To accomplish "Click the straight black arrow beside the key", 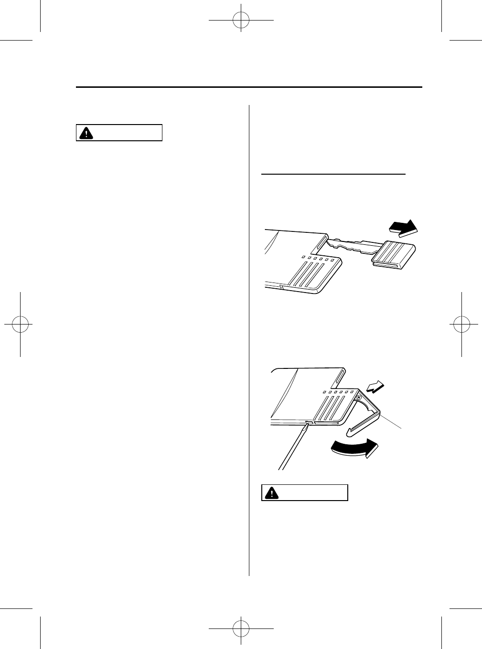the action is click(x=403, y=228).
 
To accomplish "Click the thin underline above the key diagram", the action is click(x=333, y=175).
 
